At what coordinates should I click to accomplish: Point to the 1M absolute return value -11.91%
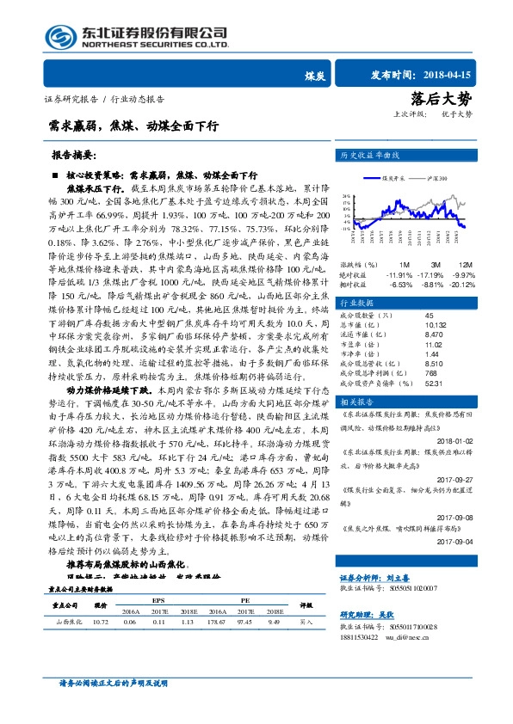coord(401,273)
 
